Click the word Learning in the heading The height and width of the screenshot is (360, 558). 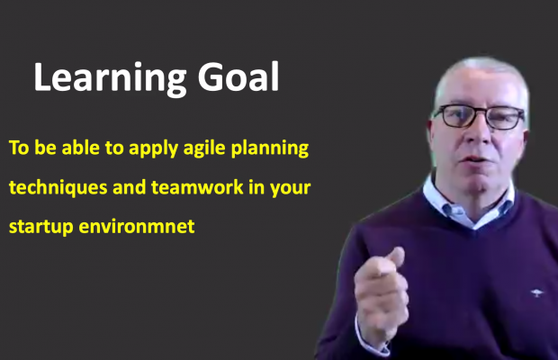(x=110, y=79)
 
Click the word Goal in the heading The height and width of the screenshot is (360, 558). (x=238, y=76)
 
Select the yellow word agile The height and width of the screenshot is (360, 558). (x=204, y=148)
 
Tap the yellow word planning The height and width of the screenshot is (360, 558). (x=270, y=148)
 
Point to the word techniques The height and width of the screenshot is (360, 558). (x=58, y=188)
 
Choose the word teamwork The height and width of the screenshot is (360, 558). (x=197, y=187)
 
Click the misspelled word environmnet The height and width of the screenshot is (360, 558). (x=137, y=226)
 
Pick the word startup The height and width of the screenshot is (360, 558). (x=40, y=228)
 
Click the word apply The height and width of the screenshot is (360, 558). (x=153, y=148)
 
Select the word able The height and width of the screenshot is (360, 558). (x=81, y=148)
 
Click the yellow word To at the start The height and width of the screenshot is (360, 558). (x=19, y=148)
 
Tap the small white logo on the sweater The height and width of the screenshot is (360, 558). (x=537, y=293)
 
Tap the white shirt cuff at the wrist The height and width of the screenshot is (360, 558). (x=370, y=341)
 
